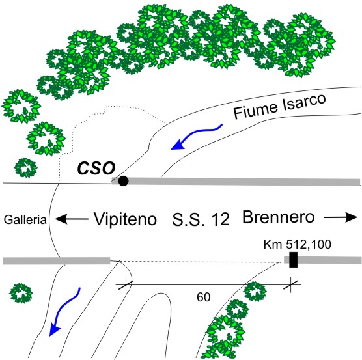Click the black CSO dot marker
click(x=123, y=181)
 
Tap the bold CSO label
click(x=96, y=168)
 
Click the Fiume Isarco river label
click(x=279, y=106)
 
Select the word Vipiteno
click(x=125, y=219)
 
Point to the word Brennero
click(x=279, y=217)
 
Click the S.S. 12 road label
click(x=201, y=219)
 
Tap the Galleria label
click(x=25, y=219)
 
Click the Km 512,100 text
click(x=298, y=244)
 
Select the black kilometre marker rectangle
click(x=294, y=260)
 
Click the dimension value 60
click(x=203, y=298)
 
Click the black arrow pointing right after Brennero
click(x=341, y=217)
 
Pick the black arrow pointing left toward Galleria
click(x=72, y=219)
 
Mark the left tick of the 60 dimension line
click(x=126, y=284)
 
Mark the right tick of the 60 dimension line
click(x=290, y=284)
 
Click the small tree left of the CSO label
click(x=25, y=168)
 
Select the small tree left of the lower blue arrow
click(x=21, y=294)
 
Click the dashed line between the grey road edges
click(x=200, y=262)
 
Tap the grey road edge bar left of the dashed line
click(x=57, y=261)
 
